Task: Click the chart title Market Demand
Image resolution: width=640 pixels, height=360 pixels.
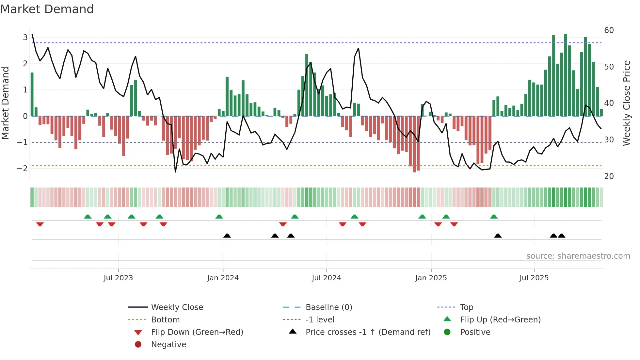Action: [47, 9]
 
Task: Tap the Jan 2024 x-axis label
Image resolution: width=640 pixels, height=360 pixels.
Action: [223, 278]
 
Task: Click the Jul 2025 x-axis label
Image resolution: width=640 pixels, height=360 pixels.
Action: [534, 278]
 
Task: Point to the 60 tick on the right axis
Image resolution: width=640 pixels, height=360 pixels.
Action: [609, 30]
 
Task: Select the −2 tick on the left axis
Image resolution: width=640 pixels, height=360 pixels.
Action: [22, 168]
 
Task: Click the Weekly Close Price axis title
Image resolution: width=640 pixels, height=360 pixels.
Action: [626, 103]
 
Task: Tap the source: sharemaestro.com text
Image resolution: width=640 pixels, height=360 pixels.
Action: [578, 256]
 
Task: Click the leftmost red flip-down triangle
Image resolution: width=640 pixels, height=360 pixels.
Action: [40, 224]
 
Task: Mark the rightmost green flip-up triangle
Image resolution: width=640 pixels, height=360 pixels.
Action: [494, 217]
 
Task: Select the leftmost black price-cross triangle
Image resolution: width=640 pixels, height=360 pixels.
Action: [227, 236]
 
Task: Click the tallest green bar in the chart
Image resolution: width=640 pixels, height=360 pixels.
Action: [566, 75]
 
